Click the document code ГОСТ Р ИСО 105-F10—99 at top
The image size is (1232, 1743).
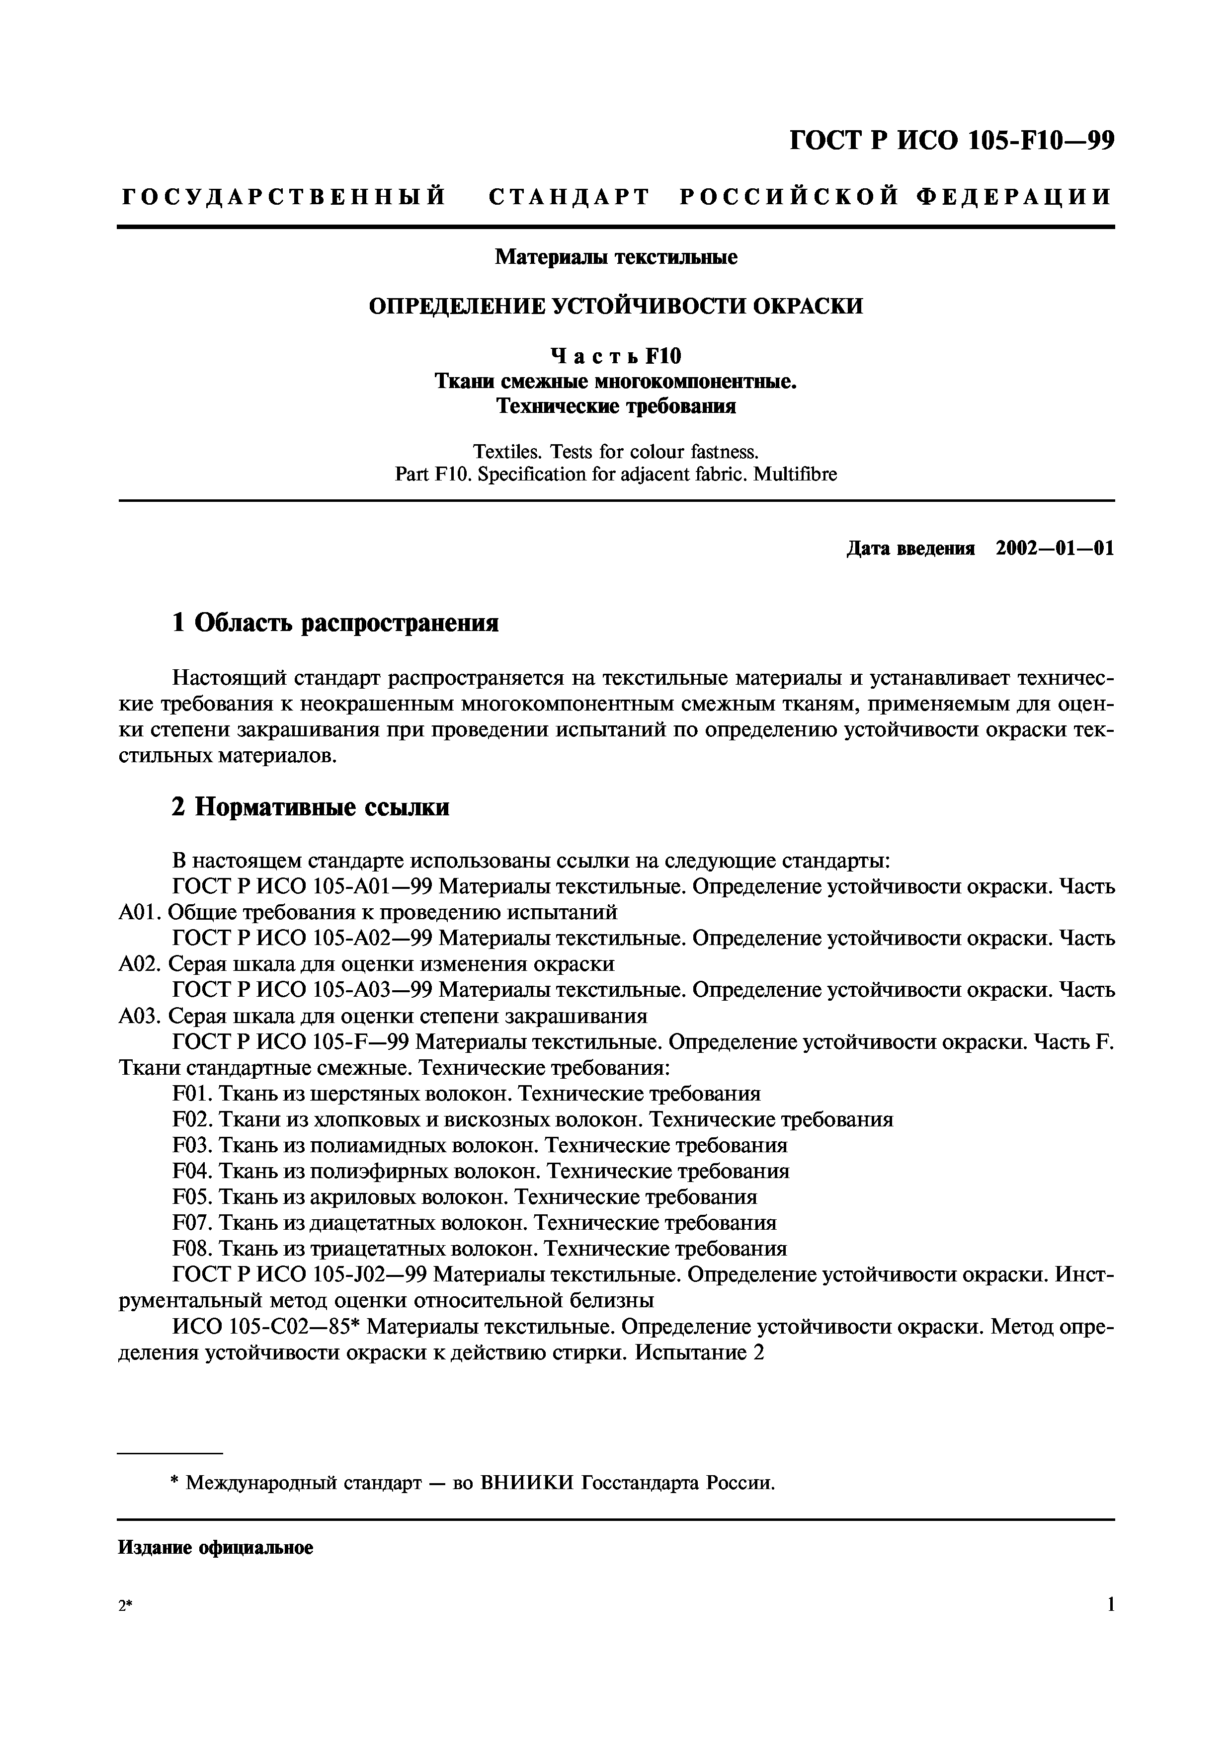952,141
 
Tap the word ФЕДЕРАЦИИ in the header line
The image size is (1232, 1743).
1014,197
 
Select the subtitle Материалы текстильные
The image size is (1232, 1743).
616,257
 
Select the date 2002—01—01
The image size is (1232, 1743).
1055,549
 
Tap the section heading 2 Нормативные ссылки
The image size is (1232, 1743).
311,807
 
